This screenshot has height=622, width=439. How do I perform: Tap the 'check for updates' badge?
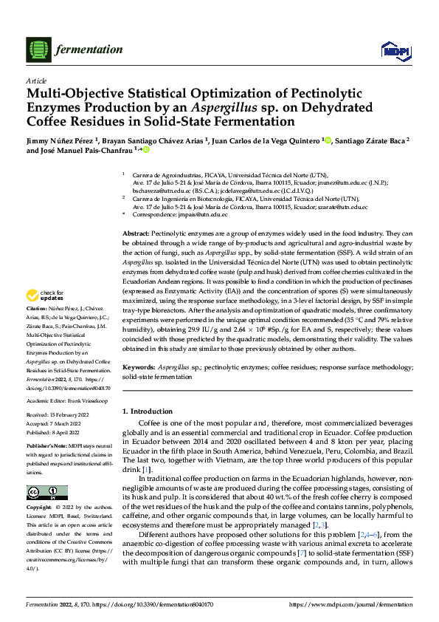click(x=46, y=295)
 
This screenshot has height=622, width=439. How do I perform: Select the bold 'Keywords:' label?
click(x=138, y=366)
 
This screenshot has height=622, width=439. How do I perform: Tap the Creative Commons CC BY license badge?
click(x=46, y=493)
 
